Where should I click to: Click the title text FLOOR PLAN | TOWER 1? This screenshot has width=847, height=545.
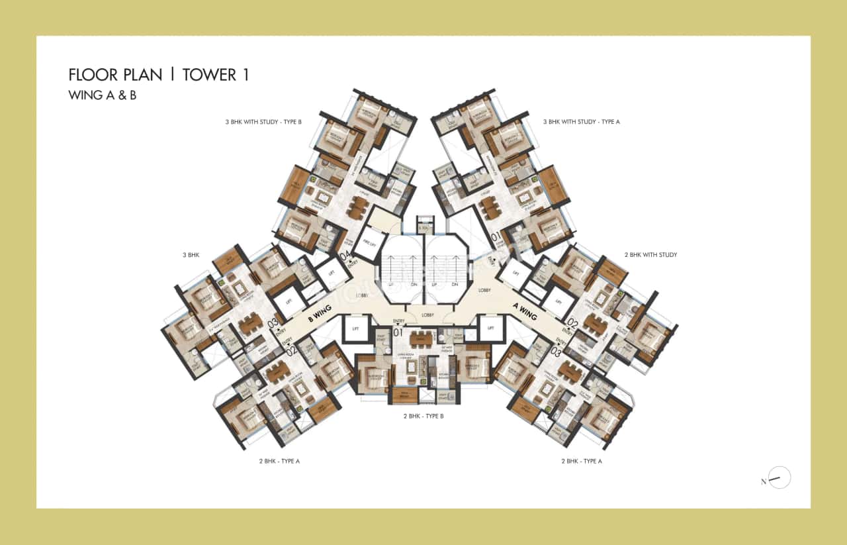159,74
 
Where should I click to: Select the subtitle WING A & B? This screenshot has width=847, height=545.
102,95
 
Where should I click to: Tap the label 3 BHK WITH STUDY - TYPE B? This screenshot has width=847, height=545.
263,122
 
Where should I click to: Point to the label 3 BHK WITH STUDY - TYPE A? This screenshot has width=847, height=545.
581,122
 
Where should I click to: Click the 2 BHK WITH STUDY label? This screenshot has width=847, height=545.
650,254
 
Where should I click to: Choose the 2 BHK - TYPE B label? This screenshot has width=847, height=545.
423,417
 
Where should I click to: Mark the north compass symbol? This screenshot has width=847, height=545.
779,477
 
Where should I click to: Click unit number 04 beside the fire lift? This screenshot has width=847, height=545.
344,254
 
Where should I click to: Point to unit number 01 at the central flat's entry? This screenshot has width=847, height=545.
398,332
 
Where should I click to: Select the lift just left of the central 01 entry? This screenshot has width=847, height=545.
355,328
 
